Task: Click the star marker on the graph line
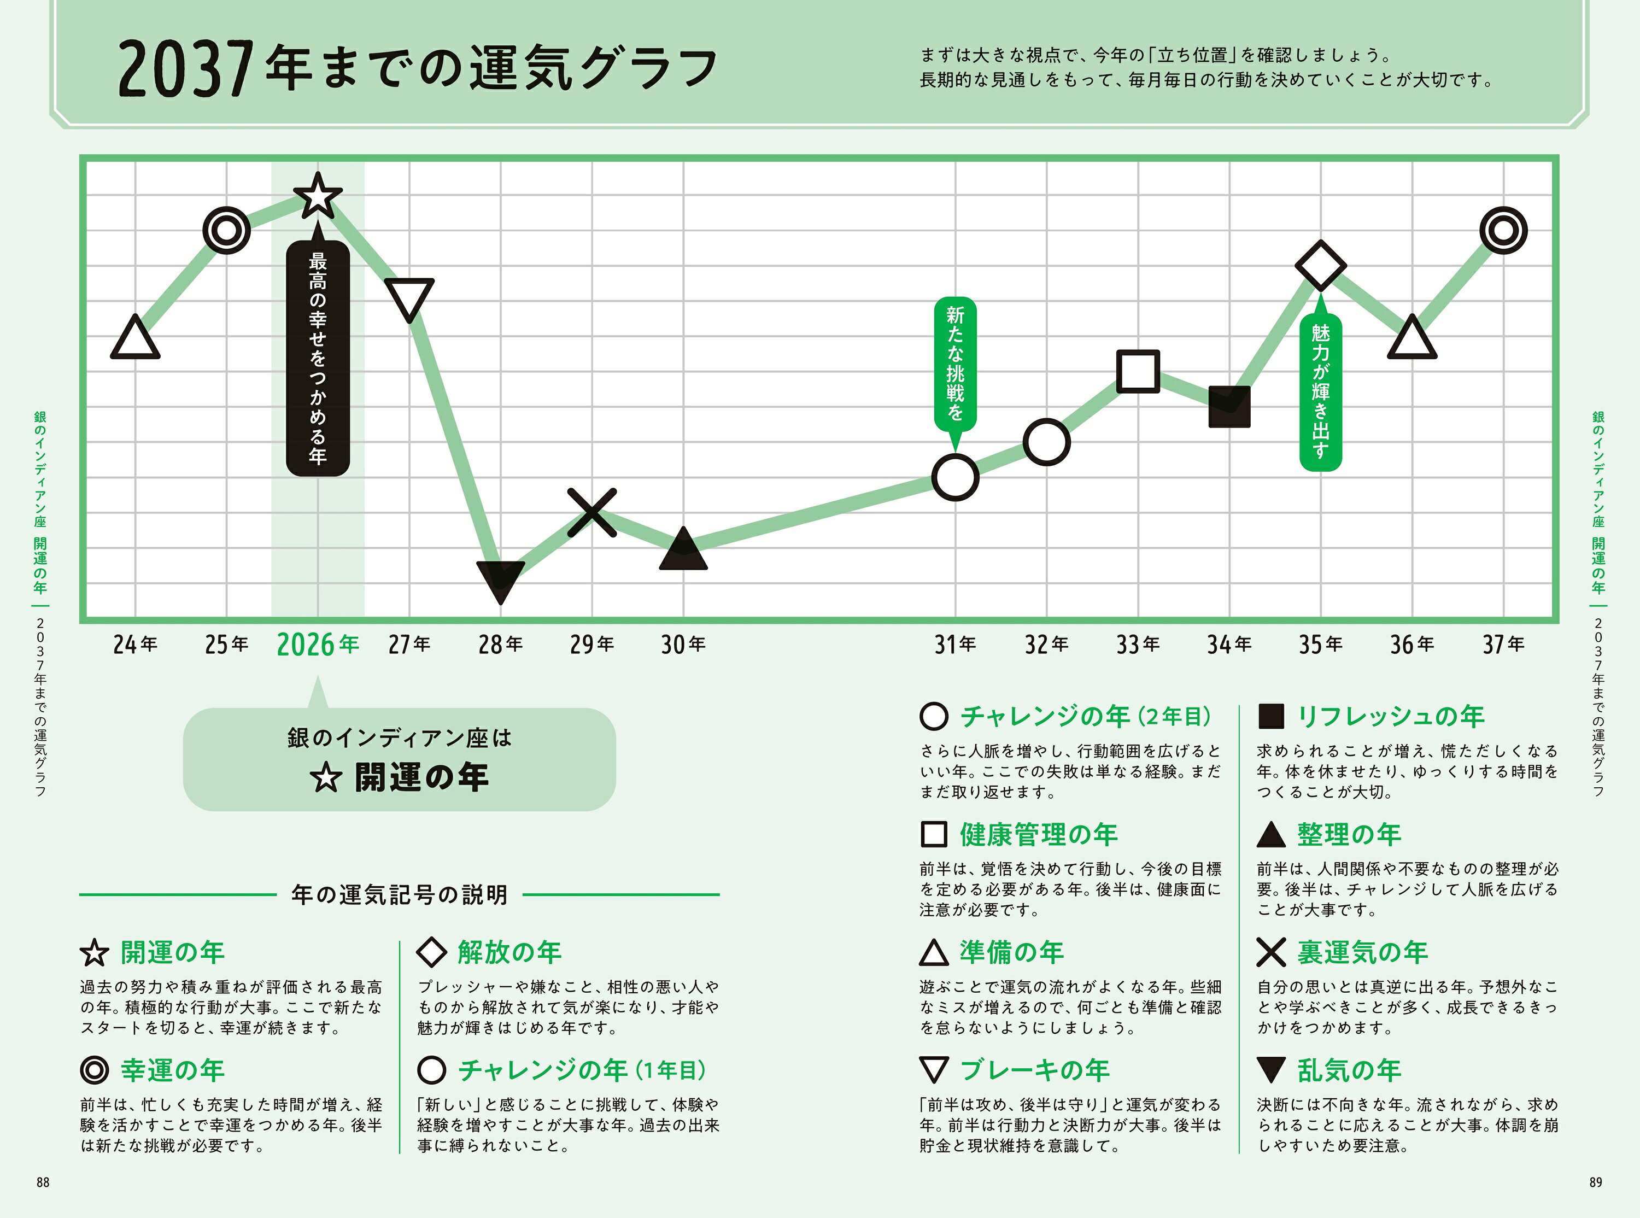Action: click(x=318, y=196)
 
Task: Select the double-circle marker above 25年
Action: click(x=226, y=231)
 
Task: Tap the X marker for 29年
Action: click(x=592, y=512)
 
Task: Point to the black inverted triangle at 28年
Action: click(x=501, y=579)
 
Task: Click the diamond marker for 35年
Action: click(x=1320, y=266)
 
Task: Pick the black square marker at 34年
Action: click(x=1229, y=406)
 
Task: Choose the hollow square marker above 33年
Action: click(x=1138, y=371)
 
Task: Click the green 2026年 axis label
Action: click(x=318, y=645)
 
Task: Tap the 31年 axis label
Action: click(x=955, y=645)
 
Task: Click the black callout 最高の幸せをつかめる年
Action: click(x=318, y=358)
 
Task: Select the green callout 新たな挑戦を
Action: click(x=955, y=364)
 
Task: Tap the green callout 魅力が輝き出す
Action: click(x=1320, y=391)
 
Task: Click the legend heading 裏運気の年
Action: click(x=1362, y=952)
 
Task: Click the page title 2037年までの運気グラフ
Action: click(x=417, y=68)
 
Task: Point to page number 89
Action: click(x=1596, y=1182)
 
